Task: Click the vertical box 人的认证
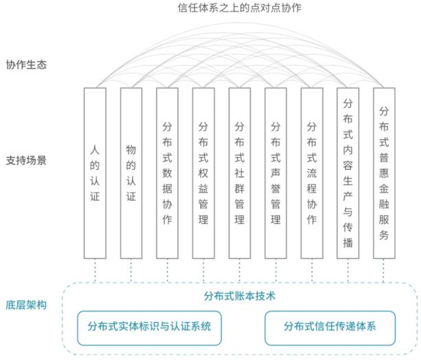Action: [x=95, y=172]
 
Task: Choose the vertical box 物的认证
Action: [x=131, y=172]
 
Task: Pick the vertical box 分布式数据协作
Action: [x=167, y=172]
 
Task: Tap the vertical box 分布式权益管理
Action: [x=203, y=172]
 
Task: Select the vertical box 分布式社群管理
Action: [x=239, y=172]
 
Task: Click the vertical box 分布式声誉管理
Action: [x=275, y=172]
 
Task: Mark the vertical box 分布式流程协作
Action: [x=312, y=172]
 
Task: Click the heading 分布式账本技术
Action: [x=239, y=297]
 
